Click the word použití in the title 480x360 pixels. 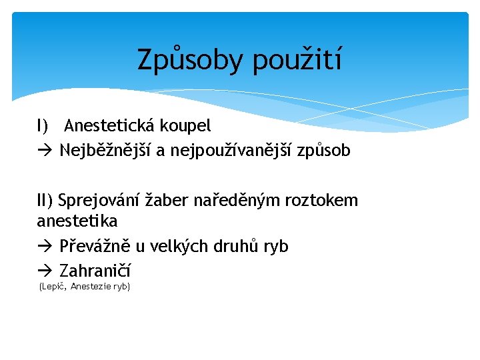[x=297, y=61]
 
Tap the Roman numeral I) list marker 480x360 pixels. [x=43, y=125]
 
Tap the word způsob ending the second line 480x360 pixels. [x=325, y=151]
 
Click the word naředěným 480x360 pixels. [x=235, y=201]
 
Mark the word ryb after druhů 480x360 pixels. [x=274, y=247]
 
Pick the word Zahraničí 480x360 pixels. [x=95, y=271]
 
